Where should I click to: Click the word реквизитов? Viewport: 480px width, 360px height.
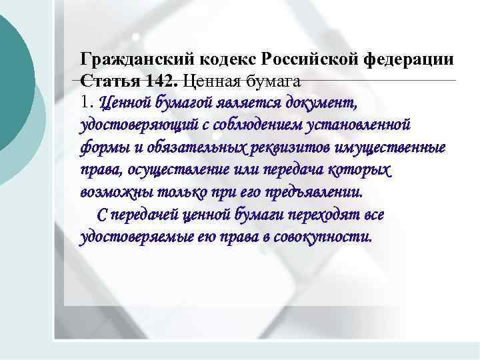coord(287,148)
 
